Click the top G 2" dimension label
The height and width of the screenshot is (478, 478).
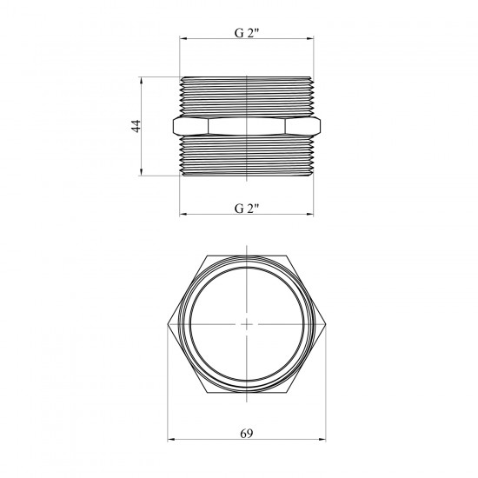pos(247,33)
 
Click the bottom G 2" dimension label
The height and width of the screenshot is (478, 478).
pos(247,209)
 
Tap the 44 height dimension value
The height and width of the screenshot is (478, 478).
pos(136,126)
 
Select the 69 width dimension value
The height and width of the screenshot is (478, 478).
pos(246,433)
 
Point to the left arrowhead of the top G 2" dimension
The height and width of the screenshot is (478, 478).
pos(183,39)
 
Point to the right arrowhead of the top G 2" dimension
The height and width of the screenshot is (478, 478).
pos(310,39)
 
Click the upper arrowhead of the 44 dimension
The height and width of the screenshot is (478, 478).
pos(141,81)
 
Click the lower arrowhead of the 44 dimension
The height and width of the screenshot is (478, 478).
pos(141,172)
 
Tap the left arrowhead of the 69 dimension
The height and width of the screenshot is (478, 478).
pos(171,440)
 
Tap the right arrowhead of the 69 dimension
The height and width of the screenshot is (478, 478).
pos(322,440)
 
